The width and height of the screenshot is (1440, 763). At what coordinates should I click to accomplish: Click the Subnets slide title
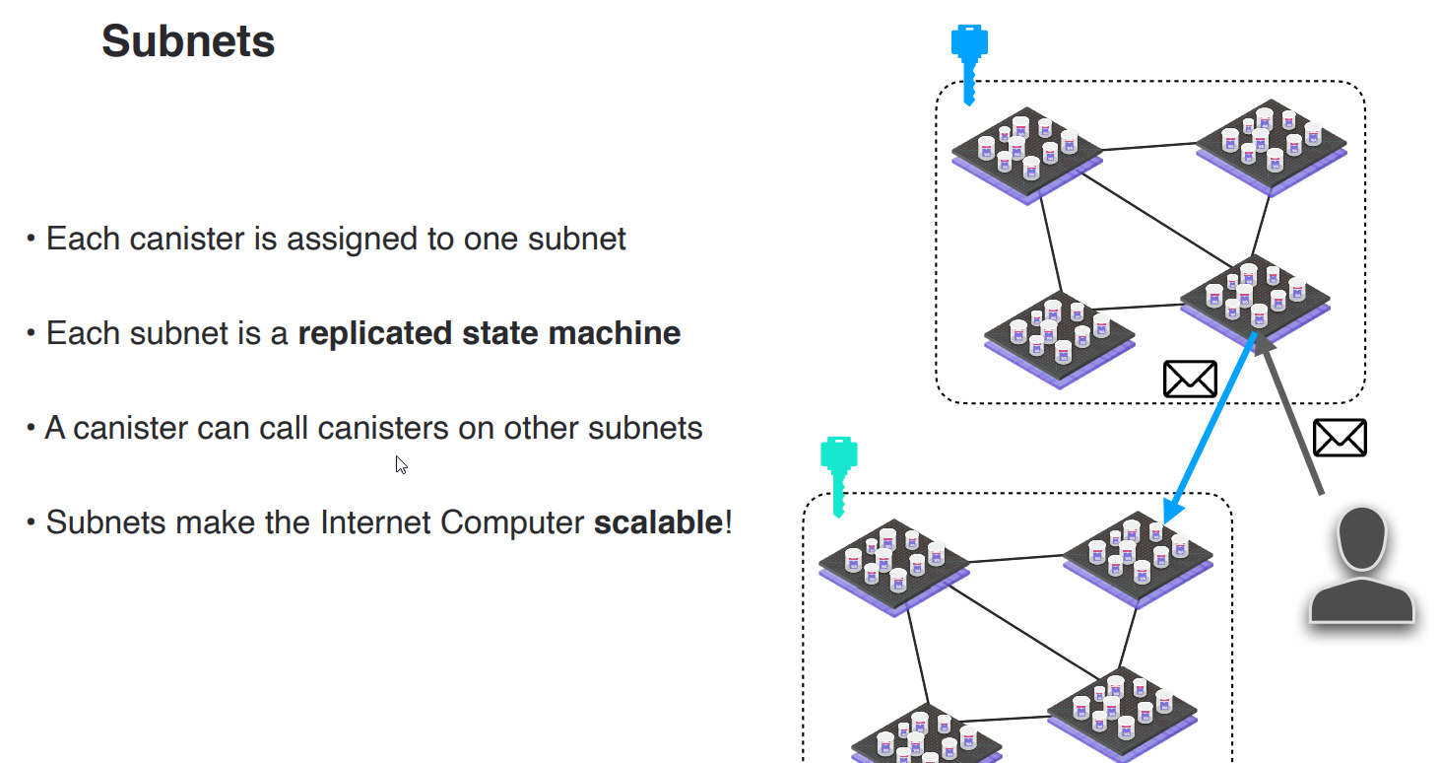(x=188, y=41)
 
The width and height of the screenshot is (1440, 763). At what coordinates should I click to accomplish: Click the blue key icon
(x=968, y=61)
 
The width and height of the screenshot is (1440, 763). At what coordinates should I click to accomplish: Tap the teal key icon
(x=838, y=473)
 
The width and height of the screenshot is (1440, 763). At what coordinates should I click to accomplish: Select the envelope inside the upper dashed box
(x=1190, y=379)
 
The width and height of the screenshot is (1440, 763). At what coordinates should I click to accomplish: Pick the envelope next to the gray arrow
(x=1340, y=438)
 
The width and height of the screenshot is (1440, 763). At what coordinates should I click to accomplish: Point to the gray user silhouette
(x=1361, y=566)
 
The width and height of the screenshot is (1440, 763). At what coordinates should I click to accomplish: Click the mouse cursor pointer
(x=401, y=464)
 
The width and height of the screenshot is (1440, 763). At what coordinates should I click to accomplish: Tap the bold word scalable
(x=658, y=521)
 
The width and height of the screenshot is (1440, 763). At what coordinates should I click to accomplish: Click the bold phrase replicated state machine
(x=489, y=333)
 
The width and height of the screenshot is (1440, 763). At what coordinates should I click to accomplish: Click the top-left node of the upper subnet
(x=1026, y=153)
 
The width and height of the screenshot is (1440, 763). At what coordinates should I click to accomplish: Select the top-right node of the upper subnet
(x=1271, y=145)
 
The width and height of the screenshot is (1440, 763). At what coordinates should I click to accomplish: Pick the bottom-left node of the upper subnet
(x=1059, y=335)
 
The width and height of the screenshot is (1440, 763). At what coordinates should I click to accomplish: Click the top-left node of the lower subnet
(x=893, y=565)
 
